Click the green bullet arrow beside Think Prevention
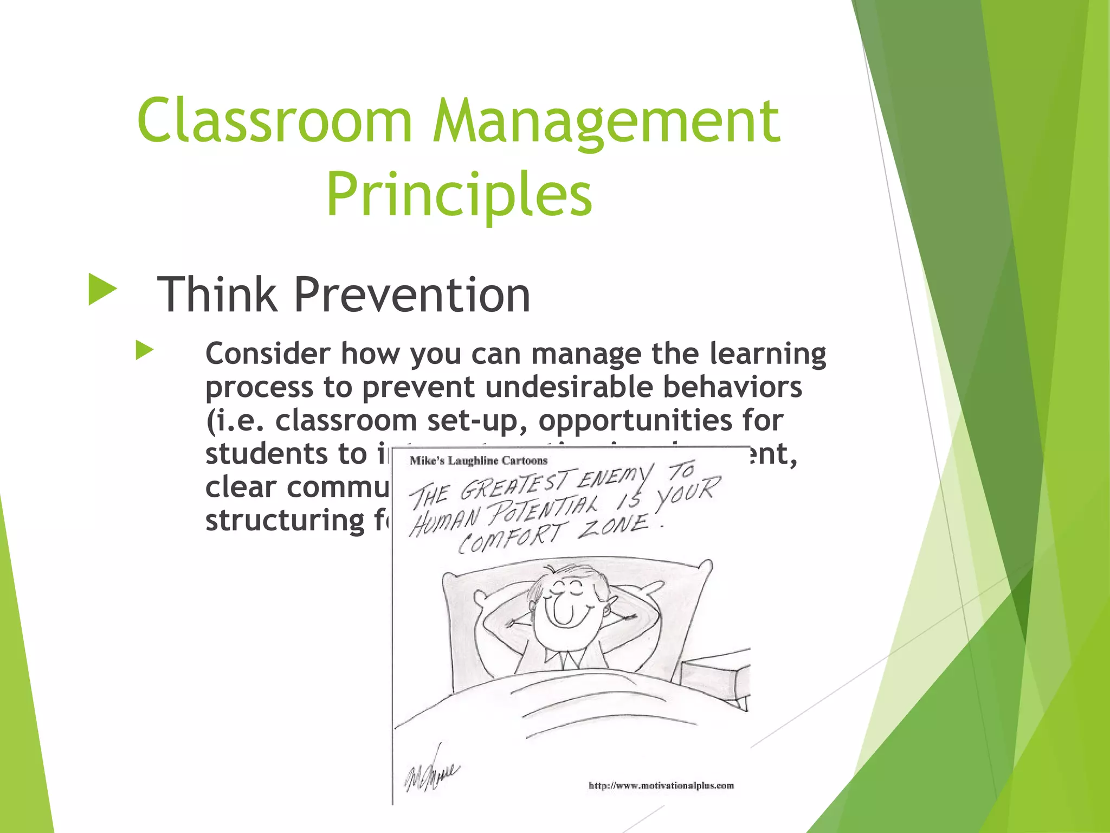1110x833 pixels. click(102, 290)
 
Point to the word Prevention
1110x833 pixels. click(412, 295)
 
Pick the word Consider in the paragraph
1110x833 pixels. click(268, 354)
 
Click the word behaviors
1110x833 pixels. click(732, 387)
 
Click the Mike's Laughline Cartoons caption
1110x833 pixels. click(479, 461)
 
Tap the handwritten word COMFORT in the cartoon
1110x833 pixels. click(511, 537)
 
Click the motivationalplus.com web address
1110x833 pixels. click(661, 786)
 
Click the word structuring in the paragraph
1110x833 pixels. click(285, 521)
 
